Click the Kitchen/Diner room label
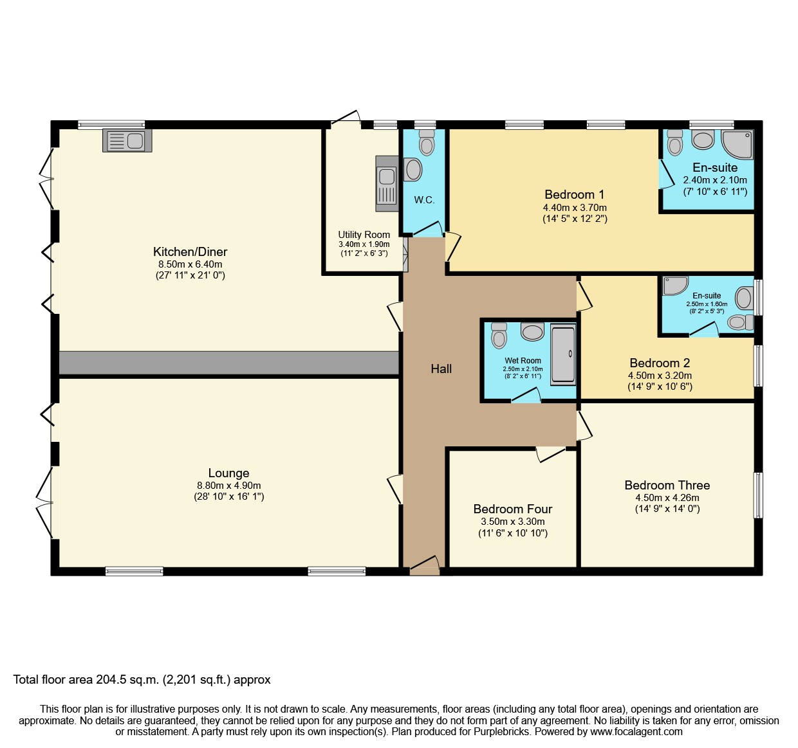tap(190, 251)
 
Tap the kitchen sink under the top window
tap(127, 140)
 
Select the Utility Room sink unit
tap(386, 183)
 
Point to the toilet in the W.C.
tap(426, 143)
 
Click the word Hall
tap(441, 369)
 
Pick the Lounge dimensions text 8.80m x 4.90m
tap(228, 486)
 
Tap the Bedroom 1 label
tap(574, 194)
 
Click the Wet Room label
tap(523, 361)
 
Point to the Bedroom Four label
tap(512, 509)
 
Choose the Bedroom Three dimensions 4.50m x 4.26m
tap(667, 497)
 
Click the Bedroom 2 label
tap(659, 363)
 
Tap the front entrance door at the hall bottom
tap(425, 566)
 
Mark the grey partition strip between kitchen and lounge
tap(228, 363)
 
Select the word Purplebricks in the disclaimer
tap(502, 731)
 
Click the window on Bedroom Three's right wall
tap(758, 495)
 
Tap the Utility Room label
tap(364, 235)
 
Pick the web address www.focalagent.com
tap(636, 731)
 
